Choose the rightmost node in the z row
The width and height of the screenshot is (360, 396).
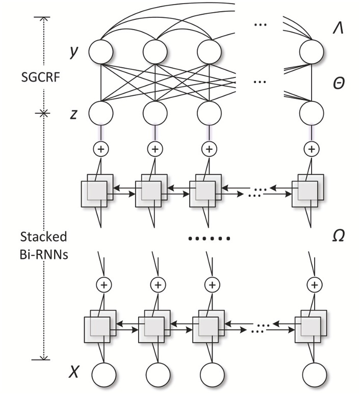311,113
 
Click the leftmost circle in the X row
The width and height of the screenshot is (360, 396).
104,375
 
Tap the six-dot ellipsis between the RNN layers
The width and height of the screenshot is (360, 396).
210,238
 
